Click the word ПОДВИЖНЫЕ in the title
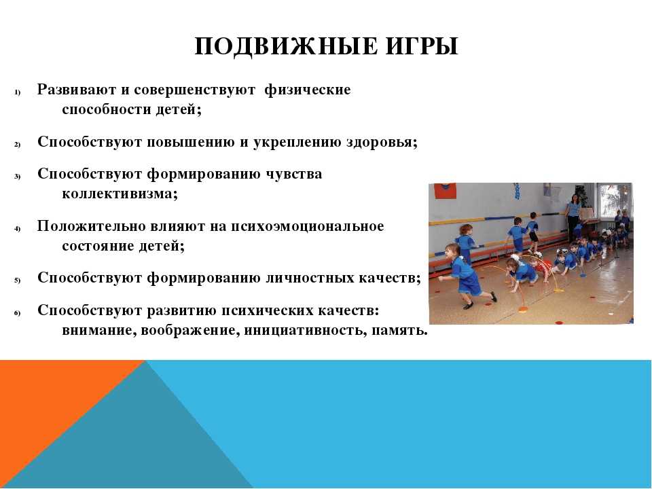click(x=286, y=46)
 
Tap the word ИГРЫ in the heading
click(x=422, y=46)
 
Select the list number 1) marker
click(x=18, y=92)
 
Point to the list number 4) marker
click(x=18, y=228)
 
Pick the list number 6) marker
click(x=18, y=313)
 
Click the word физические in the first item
click(x=308, y=90)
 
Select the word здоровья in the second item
click(x=382, y=142)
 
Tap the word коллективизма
click(x=120, y=194)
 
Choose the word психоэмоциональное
click(x=307, y=227)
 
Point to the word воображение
click(x=190, y=331)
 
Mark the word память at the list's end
click(x=399, y=331)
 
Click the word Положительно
click(x=86, y=227)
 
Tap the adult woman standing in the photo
click(x=573, y=216)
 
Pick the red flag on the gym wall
click(x=446, y=191)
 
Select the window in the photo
click(x=615, y=200)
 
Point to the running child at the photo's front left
click(x=465, y=276)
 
